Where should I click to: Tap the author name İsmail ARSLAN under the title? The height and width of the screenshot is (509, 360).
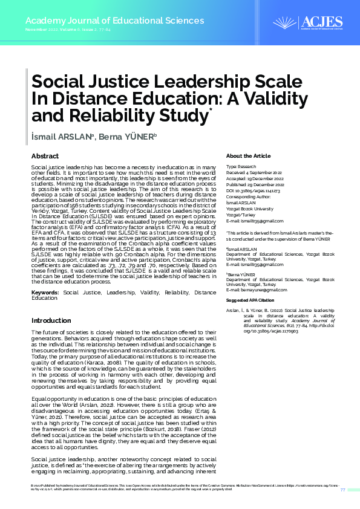(62, 137)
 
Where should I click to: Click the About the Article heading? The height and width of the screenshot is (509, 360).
(247, 156)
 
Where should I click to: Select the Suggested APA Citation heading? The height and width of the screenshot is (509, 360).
(250, 300)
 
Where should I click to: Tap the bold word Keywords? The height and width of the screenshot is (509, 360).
(45, 293)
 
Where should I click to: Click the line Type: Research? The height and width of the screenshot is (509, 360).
(241, 166)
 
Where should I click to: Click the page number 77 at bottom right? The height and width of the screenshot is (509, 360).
(342, 489)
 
